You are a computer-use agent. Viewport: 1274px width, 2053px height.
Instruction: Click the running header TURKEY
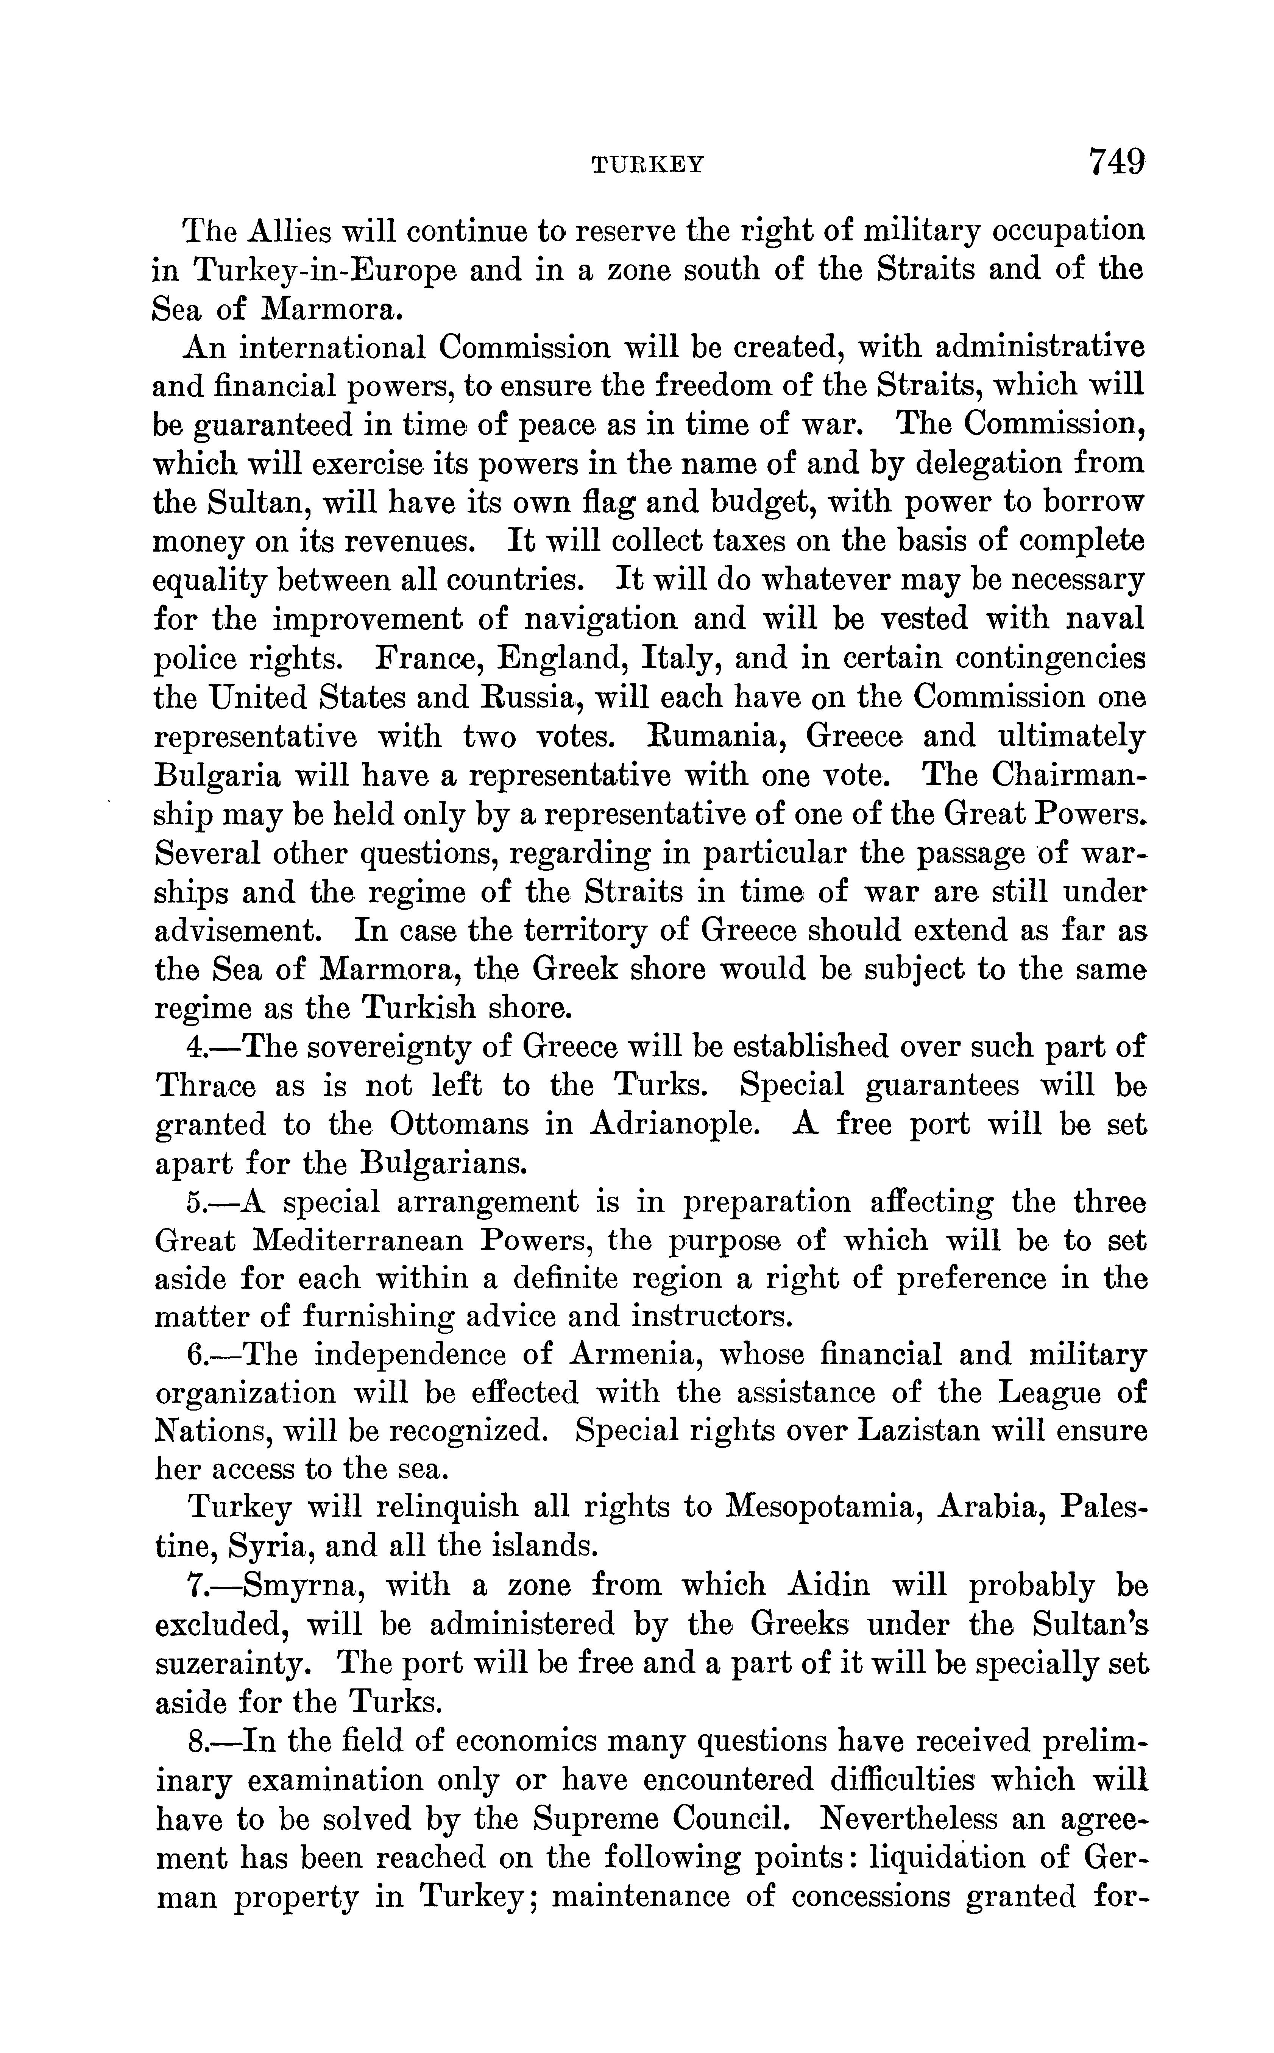(647, 165)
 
